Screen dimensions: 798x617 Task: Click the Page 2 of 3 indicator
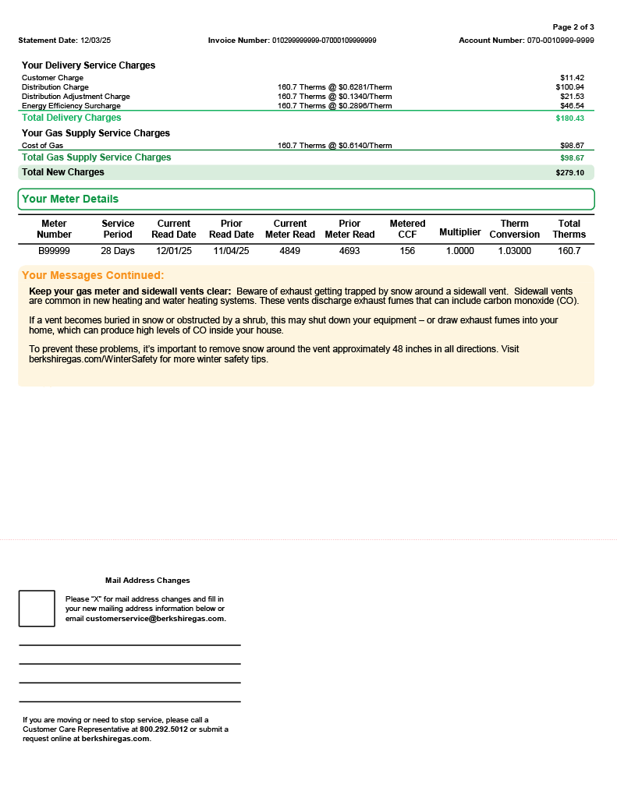(x=573, y=27)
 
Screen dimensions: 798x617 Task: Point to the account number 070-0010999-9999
(x=560, y=40)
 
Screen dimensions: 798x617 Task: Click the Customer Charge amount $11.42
(x=572, y=78)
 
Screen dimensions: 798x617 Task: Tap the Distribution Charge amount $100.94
(x=569, y=87)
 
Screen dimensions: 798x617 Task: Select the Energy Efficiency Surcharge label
(x=71, y=106)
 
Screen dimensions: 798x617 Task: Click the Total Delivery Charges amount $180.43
(x=569, y=118)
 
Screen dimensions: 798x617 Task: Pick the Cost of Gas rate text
(x=335, y=146)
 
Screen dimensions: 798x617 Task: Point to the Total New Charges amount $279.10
(x=569, y=173)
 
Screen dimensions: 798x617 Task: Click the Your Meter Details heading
(x=70, y=199)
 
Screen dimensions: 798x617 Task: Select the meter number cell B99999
(x=54, y=251)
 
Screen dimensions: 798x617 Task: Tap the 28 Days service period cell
(x=118, y=251)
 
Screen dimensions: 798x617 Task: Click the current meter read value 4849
(x=289, y=251)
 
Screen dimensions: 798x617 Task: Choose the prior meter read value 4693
(x=349, y=251)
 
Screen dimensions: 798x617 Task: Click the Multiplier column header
(x=460, y=232)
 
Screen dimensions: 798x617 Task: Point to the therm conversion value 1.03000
(x=514, y=251)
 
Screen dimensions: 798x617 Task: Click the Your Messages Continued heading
(x=93, y=275)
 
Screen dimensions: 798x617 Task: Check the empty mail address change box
(x=37, y=609)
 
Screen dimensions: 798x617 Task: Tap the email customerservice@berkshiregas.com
(x=155, y=619)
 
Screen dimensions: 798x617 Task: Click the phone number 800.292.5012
(x=164, y=729)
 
